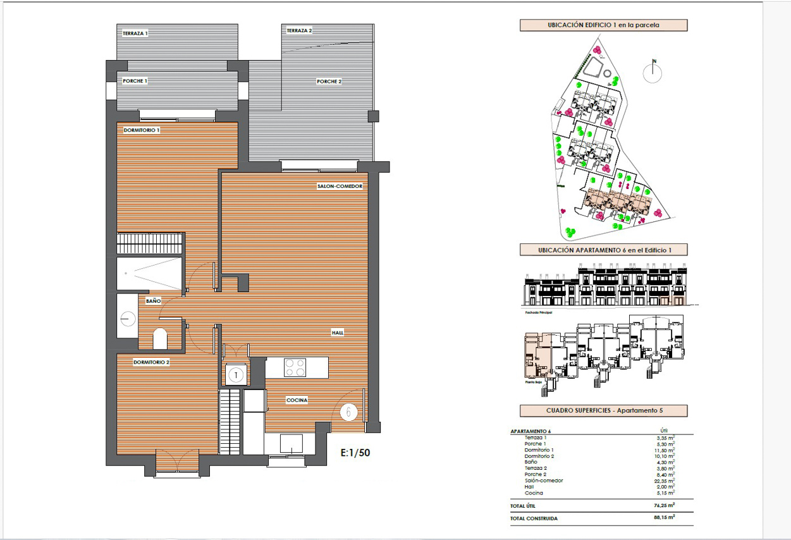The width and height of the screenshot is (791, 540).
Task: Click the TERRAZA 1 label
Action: (135, 33)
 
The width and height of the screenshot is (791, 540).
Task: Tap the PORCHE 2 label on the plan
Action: (329, 82)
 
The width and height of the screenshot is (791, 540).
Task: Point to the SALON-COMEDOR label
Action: (340, 187)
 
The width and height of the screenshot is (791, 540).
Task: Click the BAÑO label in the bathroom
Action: (152, 301)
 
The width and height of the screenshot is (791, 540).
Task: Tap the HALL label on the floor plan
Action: (338, 333)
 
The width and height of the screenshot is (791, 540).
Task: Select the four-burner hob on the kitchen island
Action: (295, 367)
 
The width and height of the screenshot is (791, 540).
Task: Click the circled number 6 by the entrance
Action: (349, 412)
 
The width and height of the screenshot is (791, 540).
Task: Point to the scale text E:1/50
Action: (355, 453)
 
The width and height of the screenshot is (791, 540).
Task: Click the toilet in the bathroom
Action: (160, 339)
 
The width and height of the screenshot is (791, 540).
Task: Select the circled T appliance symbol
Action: (236, 375)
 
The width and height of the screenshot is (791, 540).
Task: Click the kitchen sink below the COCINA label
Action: (291, 443)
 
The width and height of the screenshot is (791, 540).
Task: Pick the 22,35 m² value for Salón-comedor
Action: (665, 481)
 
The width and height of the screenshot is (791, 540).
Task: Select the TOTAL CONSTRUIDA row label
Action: (534, 519)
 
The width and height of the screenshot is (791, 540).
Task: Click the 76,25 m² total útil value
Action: (664, 506)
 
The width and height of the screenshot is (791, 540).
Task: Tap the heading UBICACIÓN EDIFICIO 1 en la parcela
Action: (603, 25)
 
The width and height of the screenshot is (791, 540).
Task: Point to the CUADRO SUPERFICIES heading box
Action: (603, 410)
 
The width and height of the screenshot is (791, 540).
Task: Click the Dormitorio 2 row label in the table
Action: (539, 456)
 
